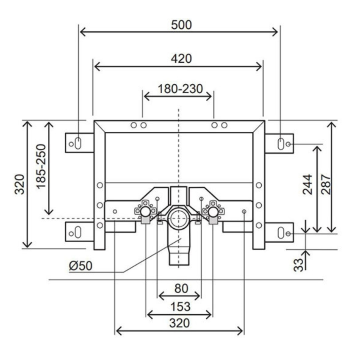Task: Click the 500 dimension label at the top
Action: click(x=181, y=25)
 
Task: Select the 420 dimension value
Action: click(x=181, y=58)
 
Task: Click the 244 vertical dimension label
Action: click(x=308, y=185)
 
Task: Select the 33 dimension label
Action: click(x=299, y=264)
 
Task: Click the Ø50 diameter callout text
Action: click(x=80, y=266)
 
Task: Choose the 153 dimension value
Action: click(x=180, y=306)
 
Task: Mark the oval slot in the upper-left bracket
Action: click(x=78, y=143)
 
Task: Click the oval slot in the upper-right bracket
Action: click(x=280, y=143)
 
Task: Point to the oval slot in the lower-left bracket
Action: click(x=78, y=233)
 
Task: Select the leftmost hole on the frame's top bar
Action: click(x=134, y=125)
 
